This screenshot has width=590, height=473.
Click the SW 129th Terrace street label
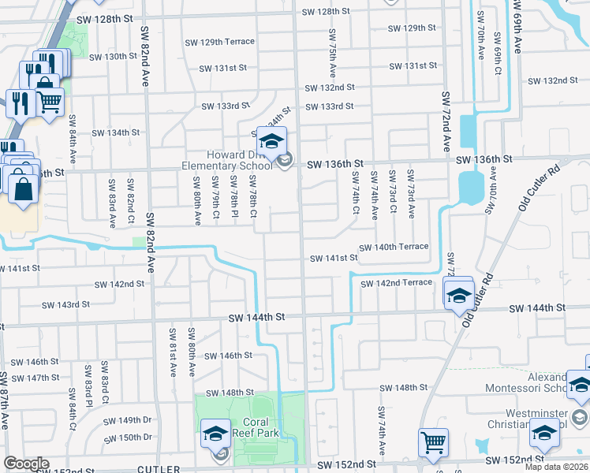227,41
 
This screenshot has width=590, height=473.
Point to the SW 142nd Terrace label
397,283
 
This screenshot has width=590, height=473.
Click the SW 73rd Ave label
410,194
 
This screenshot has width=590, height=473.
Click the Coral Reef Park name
252,426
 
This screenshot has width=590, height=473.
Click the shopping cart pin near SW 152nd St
433,442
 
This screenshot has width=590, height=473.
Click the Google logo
26,464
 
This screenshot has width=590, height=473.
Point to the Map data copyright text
557,467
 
